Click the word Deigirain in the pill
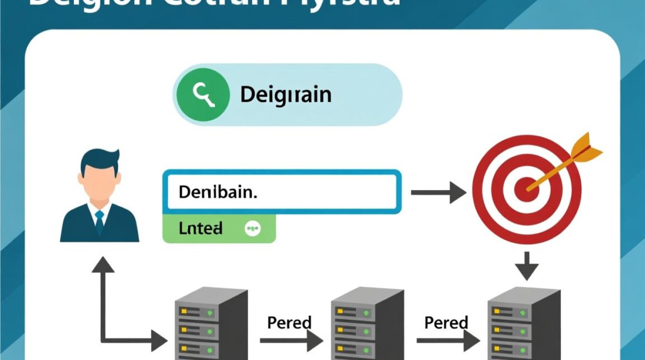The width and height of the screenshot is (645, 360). [x=286, y=95]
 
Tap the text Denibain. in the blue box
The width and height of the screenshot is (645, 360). [x=218, y=192]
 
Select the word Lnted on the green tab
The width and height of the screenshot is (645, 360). [x=201, y=228]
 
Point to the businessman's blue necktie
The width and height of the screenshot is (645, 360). [x=99, y=221]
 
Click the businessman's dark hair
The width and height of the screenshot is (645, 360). [x=99, y=158]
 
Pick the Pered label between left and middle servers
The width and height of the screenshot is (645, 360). [x=289, y=322]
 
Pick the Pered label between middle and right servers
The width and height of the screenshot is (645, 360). [x=446, y=322]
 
